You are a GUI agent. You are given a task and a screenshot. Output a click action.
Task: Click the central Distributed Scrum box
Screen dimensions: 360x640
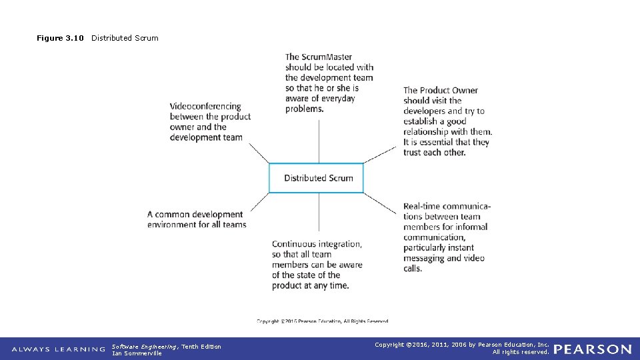[316, 178]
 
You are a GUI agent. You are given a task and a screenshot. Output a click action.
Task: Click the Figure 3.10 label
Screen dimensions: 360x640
[60, 38]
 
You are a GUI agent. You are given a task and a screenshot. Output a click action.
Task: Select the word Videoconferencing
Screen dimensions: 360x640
[205, 107]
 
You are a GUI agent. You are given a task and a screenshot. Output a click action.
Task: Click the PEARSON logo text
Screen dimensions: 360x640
[592, 349]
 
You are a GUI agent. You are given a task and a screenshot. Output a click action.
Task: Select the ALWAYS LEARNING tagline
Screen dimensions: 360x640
[59, 349]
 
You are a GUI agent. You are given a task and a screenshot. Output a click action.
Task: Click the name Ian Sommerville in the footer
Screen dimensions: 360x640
[137, 353]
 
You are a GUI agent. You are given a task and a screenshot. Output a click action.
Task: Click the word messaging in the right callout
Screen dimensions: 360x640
[424, 258]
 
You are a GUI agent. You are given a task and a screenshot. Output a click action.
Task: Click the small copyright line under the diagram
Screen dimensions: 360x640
[322, 321]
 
